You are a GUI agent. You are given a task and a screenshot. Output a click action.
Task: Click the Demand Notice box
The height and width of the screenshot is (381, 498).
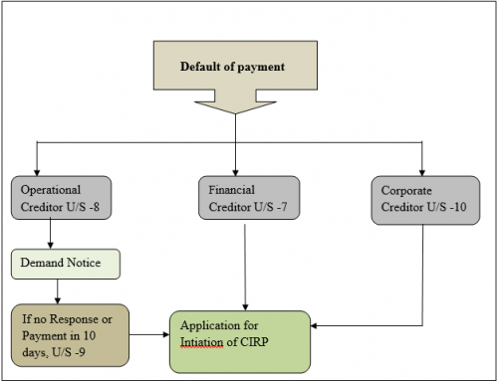coord(66,264)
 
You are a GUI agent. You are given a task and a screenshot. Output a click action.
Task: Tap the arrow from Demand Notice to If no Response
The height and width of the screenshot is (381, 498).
coord(57,290)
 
